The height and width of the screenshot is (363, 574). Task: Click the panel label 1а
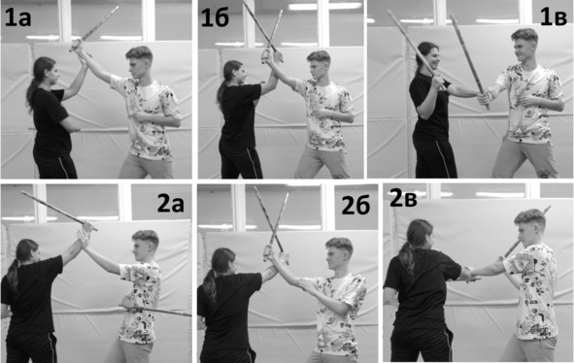pos(17,18)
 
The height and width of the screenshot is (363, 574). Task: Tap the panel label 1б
pos(216,17)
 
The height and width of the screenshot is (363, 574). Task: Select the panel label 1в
pos(554,17)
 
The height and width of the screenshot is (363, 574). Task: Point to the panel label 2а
pos(171,204)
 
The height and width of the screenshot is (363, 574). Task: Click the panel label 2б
pos(355,206)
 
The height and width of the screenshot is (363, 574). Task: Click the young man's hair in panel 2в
pos(530,217)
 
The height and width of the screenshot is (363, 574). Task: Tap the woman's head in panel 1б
pos(234,72)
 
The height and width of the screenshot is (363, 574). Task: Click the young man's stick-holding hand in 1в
pos(485,98)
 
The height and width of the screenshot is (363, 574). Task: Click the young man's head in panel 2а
pos(145,247)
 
